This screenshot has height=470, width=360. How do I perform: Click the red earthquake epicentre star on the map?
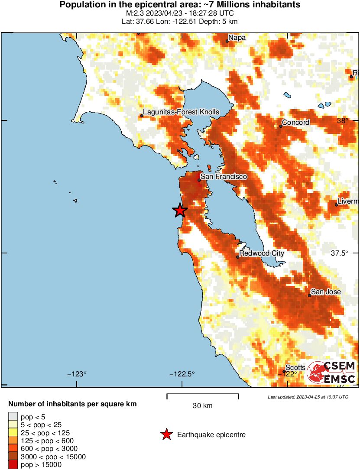[x=180, y=211]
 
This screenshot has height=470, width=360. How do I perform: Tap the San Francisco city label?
[x=224, y=177]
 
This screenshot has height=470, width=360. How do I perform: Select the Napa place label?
[x=237, y=38]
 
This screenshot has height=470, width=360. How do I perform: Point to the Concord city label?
[x=295, y=123]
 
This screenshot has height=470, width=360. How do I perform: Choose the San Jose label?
[x=326, y=292]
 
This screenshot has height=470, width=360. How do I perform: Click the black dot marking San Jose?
[x=310, y=295]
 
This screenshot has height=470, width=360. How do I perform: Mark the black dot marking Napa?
[x=227, y=41]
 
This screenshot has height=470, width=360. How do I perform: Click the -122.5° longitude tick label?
[x=182, y=374]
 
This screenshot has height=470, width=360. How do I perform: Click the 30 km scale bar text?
[x=202, y=406]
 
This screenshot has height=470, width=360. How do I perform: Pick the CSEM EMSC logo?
[x=331, y=373]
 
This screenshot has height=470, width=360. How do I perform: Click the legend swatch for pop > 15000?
[x=13, y=465]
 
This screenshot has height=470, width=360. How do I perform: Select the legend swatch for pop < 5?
[x=13, y=417]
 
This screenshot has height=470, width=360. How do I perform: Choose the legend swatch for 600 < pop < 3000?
[x=13, y=449]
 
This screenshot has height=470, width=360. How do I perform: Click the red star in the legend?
[x=166, y=434]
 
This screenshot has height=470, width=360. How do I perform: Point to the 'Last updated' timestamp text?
[x=308, y=397]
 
